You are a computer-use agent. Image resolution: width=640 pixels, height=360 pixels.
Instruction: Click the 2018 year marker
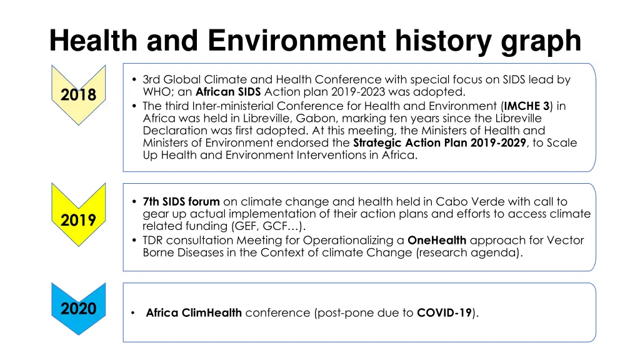click(x=79, y=95)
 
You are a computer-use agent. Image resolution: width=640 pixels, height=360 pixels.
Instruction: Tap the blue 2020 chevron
click(x=79, y=308)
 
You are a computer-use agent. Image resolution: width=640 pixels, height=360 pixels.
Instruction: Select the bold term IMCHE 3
click(x=527, y=106)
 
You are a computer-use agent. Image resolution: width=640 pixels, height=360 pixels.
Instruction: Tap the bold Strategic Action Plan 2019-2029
click(x=439, y=143)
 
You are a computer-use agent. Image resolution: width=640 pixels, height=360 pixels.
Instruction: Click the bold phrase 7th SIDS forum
click(x=181, y=201)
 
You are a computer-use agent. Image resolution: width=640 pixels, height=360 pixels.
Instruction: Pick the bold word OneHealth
click(x=437, y=240)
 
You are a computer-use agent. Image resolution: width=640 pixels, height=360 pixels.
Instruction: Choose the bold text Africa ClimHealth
click(x=194, y=313)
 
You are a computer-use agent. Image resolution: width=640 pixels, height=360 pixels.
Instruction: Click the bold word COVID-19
click(x=444, y=313)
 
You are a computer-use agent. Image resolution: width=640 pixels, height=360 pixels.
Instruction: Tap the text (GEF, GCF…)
click(x=266, y=226)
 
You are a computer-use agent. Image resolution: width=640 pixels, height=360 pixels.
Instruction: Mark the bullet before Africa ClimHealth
click(x=134, y=313)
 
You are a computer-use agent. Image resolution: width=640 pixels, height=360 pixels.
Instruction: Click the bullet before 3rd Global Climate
click(x=135, y=80)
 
